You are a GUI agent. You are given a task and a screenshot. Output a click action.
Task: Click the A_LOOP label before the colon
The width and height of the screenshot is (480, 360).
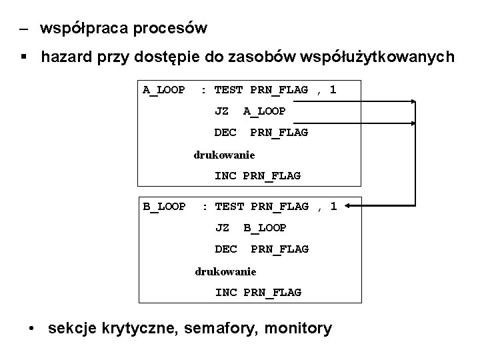pos(163,90)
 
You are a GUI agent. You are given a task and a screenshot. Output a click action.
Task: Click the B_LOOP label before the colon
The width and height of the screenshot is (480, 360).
pos(164,206)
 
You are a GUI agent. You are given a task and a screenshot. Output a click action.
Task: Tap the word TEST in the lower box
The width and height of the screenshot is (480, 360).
pos(229,206)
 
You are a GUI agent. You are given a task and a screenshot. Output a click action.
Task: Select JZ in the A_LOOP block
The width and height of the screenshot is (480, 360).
pos(221,111)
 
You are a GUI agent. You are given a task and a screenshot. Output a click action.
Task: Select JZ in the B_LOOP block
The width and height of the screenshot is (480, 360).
pos(222,227)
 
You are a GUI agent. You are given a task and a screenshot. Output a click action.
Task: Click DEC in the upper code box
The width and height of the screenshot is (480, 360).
pos(225,133)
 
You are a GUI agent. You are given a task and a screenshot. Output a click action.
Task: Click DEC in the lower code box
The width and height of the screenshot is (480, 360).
pos(226,249)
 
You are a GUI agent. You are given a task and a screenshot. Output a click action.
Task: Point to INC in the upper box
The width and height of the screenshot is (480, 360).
pos(225,176)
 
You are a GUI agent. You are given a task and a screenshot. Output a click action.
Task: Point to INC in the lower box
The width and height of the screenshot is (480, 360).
pos(225,292)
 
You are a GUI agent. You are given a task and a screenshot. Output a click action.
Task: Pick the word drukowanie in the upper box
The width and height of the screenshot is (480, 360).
pos(224,155)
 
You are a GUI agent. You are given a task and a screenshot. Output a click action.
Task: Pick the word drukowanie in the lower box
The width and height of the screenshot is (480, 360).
pos(225,271)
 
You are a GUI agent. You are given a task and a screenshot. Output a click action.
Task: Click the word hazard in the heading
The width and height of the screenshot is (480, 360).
pos(67,57)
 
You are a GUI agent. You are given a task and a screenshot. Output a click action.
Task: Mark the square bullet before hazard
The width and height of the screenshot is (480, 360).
pos(24,57)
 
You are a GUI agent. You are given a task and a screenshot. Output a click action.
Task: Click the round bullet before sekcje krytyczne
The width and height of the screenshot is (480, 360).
pos(33,329)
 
